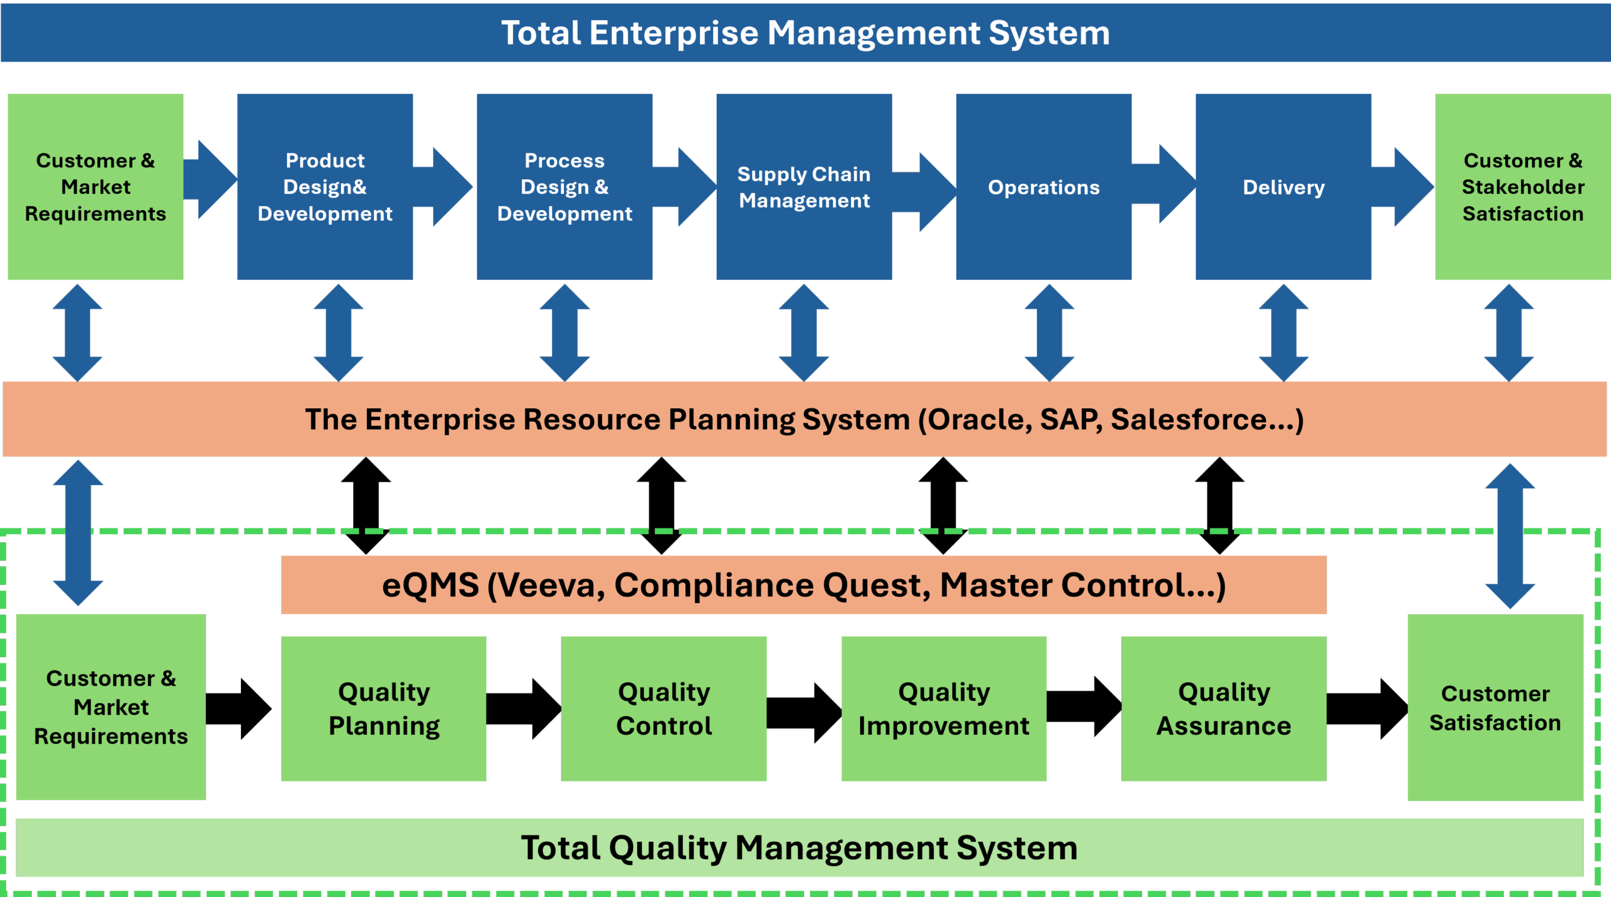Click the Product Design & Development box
pos(325,187)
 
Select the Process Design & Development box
pos(564,187)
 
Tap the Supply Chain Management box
pos(804,187)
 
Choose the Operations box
pos(1043,187)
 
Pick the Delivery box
pos(1283,187)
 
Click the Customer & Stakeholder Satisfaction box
pos(1523,187)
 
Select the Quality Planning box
pos(383,708)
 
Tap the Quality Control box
pos(664,708)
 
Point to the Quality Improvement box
pos(944,708)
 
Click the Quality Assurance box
pos(1223,708)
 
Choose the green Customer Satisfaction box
pos(1495,708)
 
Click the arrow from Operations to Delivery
pos(1164,184)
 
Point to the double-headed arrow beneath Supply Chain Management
pos(804,332)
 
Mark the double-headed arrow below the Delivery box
pos(1284,332)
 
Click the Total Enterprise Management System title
pos(805,33)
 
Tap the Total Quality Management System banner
pos(799,847)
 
